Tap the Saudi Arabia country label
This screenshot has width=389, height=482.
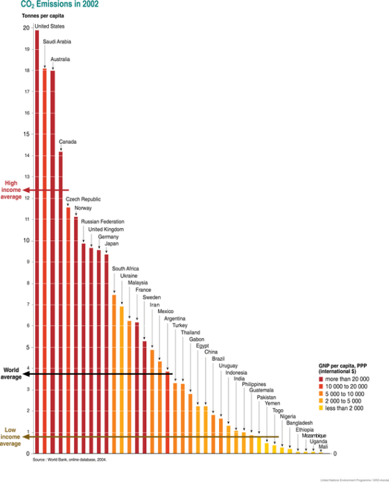[57, 42]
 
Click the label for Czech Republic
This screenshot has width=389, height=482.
[83, 199]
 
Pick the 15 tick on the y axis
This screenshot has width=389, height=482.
[26, 134]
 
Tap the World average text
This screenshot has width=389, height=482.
[11, 373]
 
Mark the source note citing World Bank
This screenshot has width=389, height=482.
[69, 458]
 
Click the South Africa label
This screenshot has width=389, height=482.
[125, 269]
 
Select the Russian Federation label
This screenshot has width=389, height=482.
[103, 222]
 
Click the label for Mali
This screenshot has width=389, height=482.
[323, 447]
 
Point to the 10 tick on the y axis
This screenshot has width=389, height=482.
[26, 240]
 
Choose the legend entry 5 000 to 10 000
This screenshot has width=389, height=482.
[345, 393]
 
